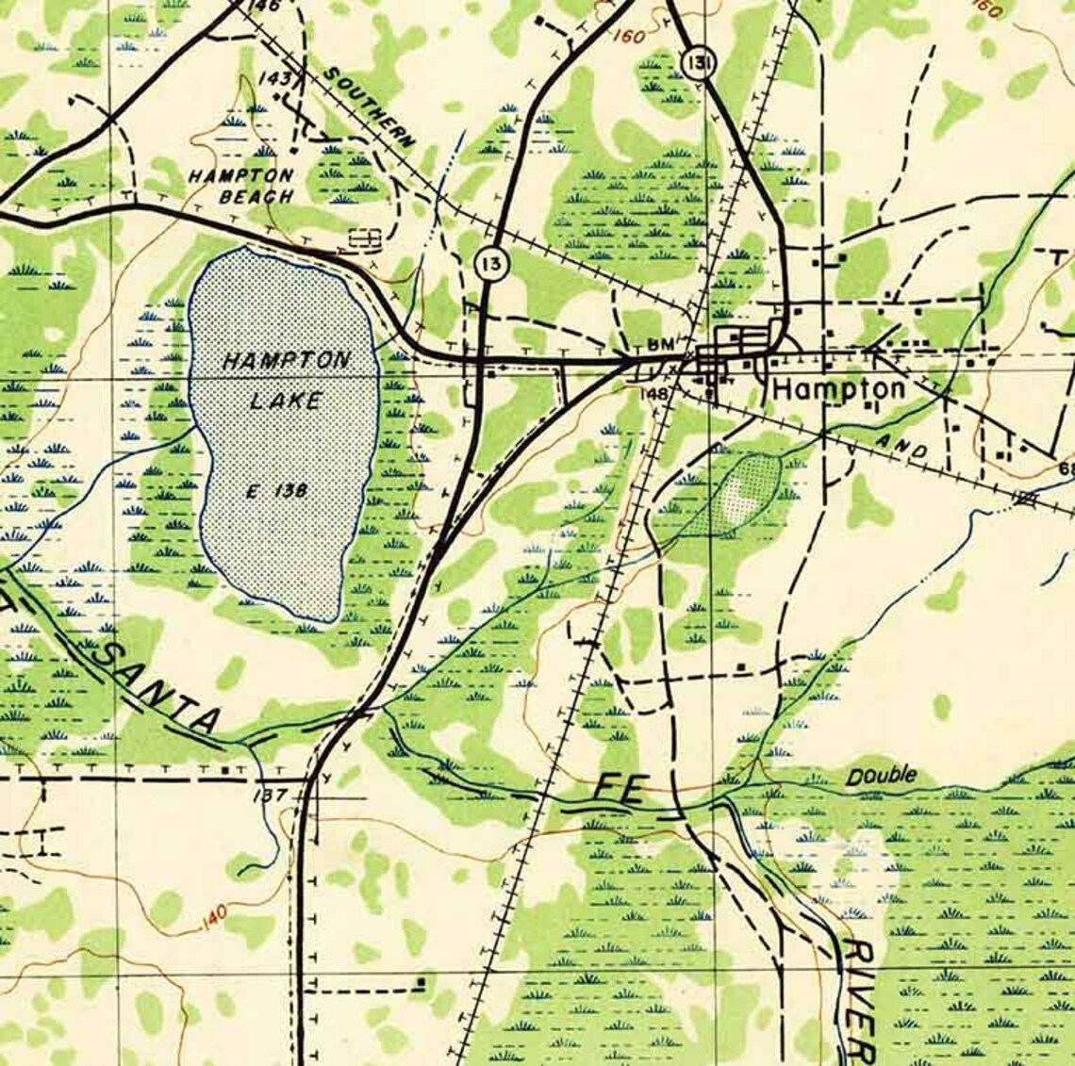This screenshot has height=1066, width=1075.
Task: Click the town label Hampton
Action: coord(838,388)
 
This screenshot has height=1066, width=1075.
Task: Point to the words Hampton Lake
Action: coord(287,380)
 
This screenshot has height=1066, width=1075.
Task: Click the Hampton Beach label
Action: coord(242,186)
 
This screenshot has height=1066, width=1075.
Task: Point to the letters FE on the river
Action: coord(619,789)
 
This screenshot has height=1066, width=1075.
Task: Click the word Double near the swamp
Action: coord(880,776)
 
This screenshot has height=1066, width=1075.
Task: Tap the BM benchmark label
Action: coord(663,346)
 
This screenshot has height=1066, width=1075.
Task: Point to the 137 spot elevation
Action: coord(271,795)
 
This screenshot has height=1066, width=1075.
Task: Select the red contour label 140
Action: coord(214,916)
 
